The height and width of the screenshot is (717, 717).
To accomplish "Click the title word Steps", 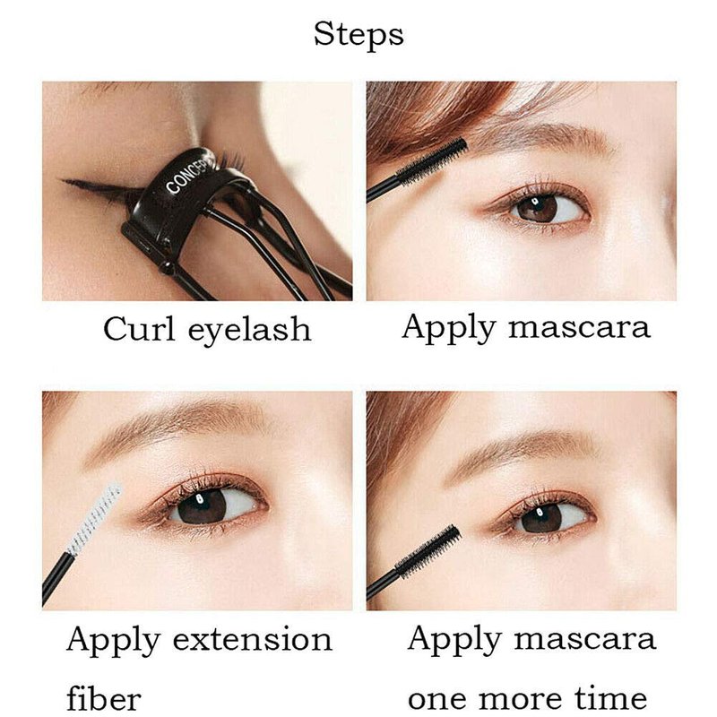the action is pos(358,35).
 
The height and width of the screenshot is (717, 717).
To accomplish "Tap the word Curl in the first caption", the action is pos(139,328).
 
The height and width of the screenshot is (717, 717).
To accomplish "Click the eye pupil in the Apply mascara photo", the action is pos(538,209).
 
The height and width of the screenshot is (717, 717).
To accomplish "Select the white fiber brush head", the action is pos(95,518).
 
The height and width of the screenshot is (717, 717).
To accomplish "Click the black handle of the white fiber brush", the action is pos(56,578).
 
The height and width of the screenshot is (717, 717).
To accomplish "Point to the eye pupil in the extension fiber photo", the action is pos(201,506).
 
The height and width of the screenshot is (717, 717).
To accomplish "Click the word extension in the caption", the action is pos(253,639).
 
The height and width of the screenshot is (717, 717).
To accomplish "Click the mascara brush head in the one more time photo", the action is pos(428,551).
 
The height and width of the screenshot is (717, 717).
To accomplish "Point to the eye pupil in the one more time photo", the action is pos(541,516).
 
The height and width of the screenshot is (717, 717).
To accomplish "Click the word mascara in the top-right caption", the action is pos(579,328).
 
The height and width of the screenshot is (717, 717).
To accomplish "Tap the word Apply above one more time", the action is pos(454,641).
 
